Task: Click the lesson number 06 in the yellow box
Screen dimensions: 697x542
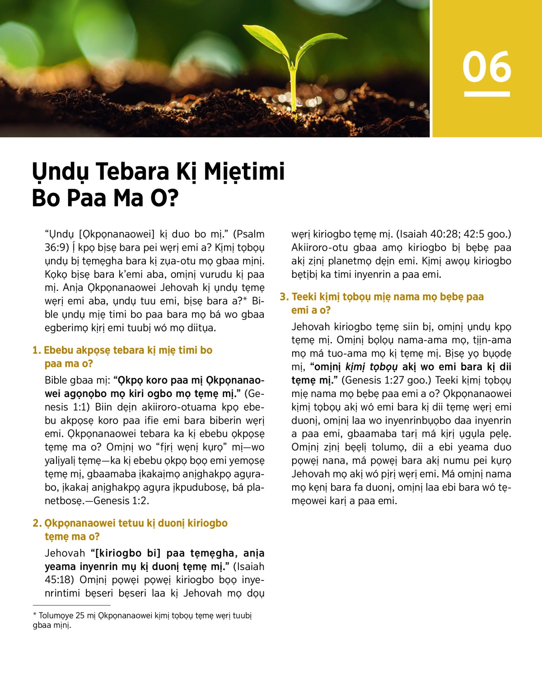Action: click(487, 67)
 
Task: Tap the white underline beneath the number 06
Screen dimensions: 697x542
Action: click(487, 94)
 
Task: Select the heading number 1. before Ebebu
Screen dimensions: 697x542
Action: click(37, 351)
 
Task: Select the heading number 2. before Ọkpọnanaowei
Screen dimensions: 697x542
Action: click(37, 524)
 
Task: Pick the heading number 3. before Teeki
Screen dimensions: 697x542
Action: click(284, 297)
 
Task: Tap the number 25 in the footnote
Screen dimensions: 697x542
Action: click(80, 616)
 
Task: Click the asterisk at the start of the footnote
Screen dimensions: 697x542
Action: click(35, 615)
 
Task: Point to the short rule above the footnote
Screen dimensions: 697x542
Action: click(71, 605)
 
